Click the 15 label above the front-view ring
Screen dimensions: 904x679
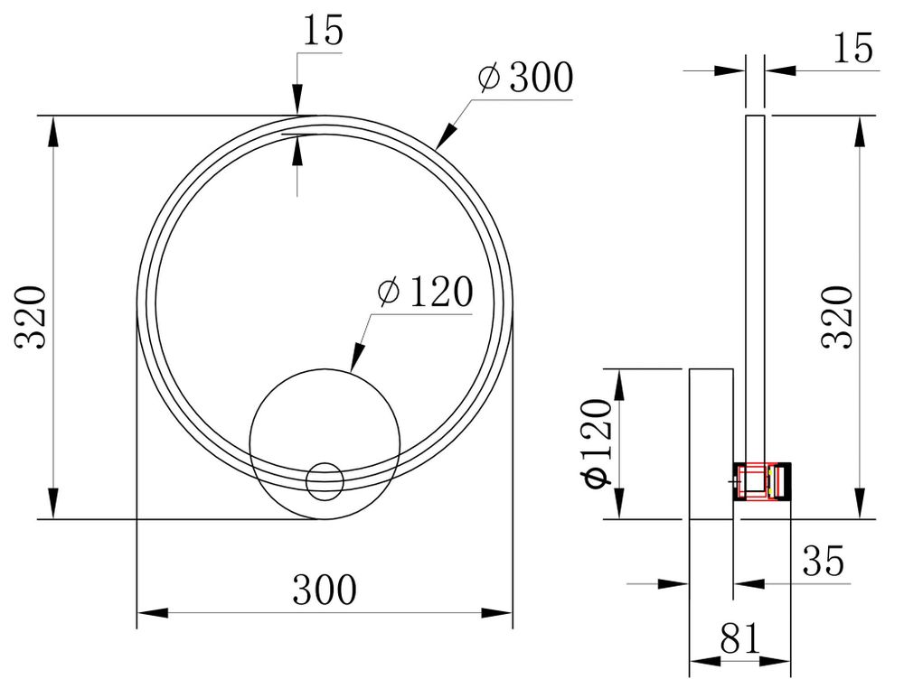click(324, 31)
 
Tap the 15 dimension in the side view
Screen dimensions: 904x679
click(853, 48)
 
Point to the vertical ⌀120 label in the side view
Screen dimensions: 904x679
click(598, 443)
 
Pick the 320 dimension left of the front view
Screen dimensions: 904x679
click(30, 317)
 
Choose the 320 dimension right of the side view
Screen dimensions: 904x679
click(837, 317)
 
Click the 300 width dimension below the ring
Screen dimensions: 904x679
click(325, 590)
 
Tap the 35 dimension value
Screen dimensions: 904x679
click(824, 561)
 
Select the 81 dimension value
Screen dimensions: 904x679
click(741, 638)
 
